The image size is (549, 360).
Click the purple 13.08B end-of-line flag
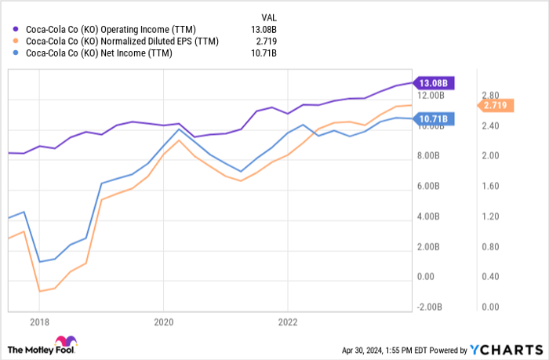(434, 82)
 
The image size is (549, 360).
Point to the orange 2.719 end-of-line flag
(495, 105)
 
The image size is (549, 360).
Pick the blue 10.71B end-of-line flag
(434, 119)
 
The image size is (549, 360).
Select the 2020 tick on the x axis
(163, 321)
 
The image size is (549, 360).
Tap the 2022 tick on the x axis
(288, 321)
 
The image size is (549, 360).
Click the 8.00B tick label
(429, 156)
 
